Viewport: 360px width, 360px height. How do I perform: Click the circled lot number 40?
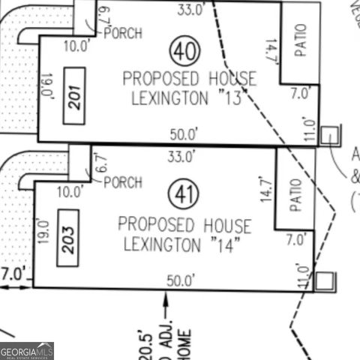point(185,52)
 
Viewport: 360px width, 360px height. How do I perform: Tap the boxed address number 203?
point(69,237)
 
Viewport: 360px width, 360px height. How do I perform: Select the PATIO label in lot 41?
point(295,194)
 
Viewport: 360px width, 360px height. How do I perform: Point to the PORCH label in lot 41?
point(122,182)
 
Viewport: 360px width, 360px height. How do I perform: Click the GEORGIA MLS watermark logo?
point(27,351)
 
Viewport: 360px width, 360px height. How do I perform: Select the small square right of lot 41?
point(324,281)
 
